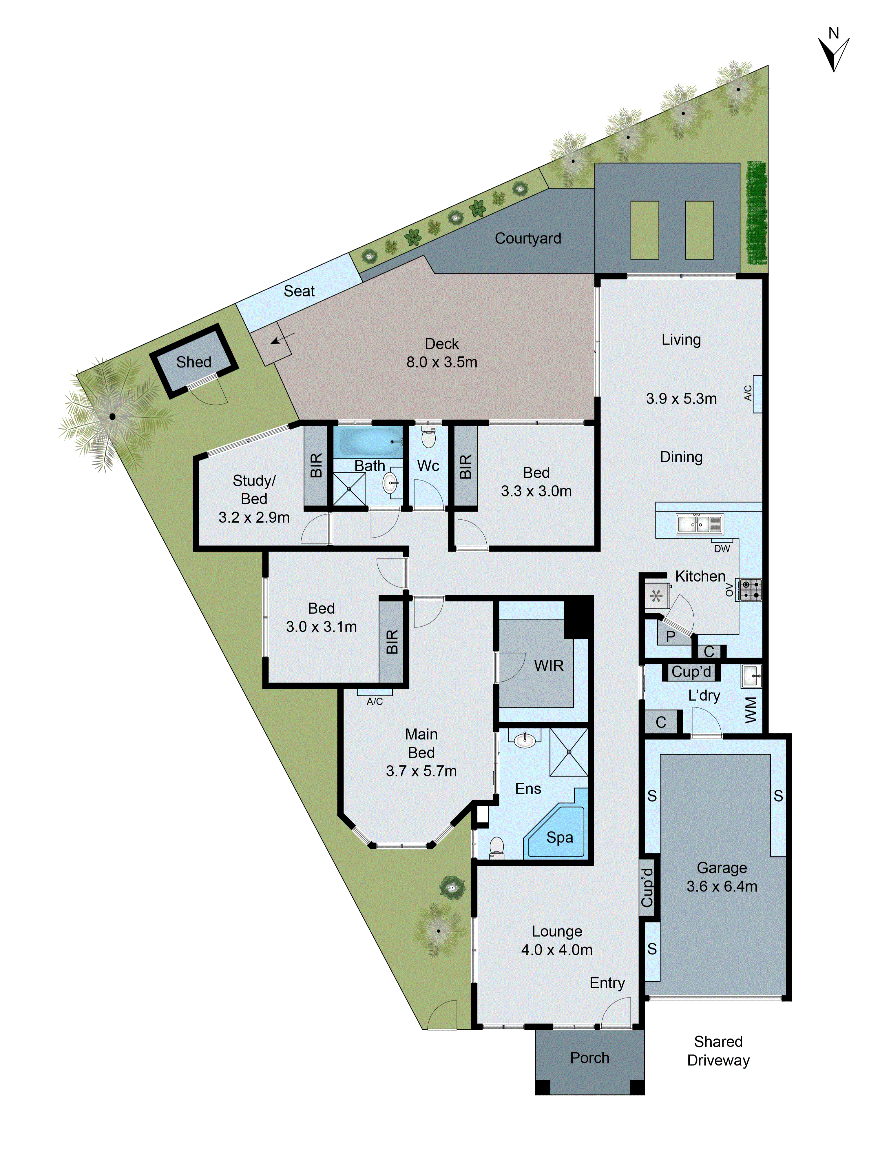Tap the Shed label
(x=194, y=362)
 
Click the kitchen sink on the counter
(x=699, y=524)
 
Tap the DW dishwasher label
(x=722, y=549)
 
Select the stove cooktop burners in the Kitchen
(x=751, y=589)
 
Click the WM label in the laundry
(x=751, y=710)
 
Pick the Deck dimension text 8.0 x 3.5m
(x=441, y=362)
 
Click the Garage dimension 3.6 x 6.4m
(x=722, y=887)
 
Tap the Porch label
(x=589, y=1058)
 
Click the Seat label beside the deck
(x=299, y=291)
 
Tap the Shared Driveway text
(x=718, y=1051)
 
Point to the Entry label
(x=607, y=983)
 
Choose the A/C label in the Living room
(x=748, y=393)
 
